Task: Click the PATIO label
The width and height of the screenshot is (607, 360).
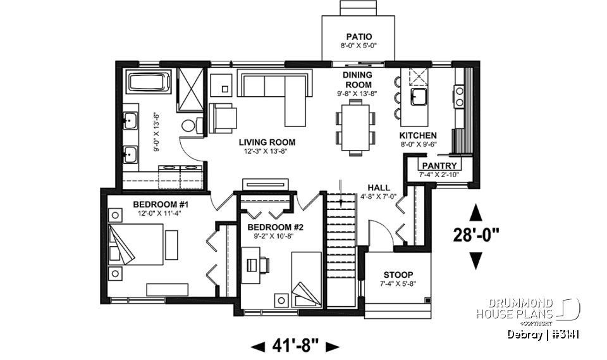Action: tap(359, 36)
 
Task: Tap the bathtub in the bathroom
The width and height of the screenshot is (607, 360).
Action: tap(149, 84)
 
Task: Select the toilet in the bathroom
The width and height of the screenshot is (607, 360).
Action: tap(189, 125)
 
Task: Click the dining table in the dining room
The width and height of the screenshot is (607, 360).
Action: tap(354, 127)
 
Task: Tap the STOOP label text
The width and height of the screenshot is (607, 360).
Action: tap(398, 275)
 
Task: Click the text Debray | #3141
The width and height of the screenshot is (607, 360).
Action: tap(543, 334)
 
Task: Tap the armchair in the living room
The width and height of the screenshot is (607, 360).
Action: tap(223, 118)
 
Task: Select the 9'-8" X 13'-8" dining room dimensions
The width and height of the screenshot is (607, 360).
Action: tap(358, 94)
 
